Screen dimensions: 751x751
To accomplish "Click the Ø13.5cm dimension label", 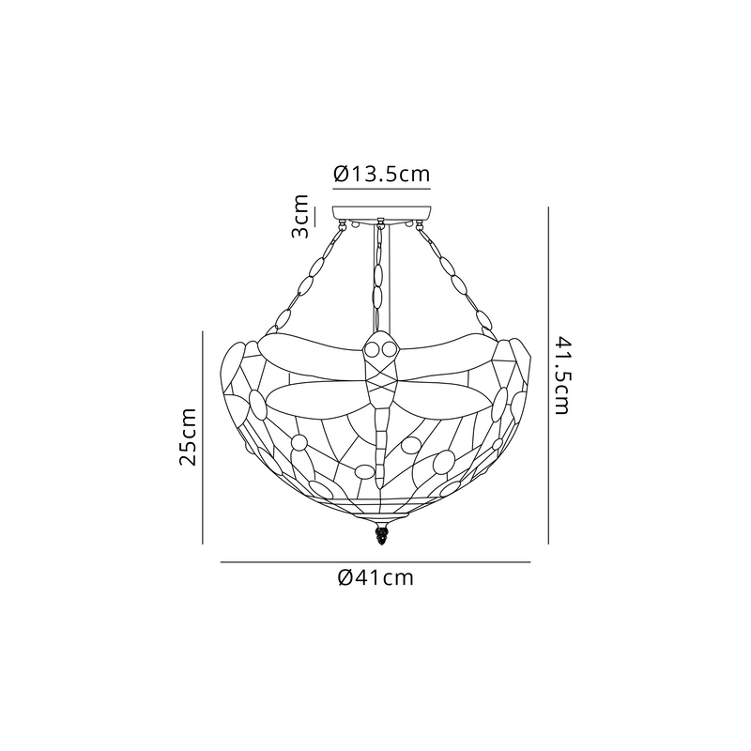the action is pos(382,174).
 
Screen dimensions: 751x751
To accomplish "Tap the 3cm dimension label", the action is pos(300,216).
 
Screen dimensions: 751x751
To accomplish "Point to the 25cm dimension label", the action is pos(187,437).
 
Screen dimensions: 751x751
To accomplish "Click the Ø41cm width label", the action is pos(375,577).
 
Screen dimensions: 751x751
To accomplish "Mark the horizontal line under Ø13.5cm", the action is pos(382,190).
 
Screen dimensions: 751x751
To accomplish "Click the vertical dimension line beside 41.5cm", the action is pos(548,375).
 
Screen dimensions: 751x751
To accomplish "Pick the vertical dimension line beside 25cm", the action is pos(203,437).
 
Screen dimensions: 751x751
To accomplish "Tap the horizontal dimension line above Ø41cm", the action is pos(375,561).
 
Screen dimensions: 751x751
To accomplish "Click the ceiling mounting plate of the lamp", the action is pos(382,213).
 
